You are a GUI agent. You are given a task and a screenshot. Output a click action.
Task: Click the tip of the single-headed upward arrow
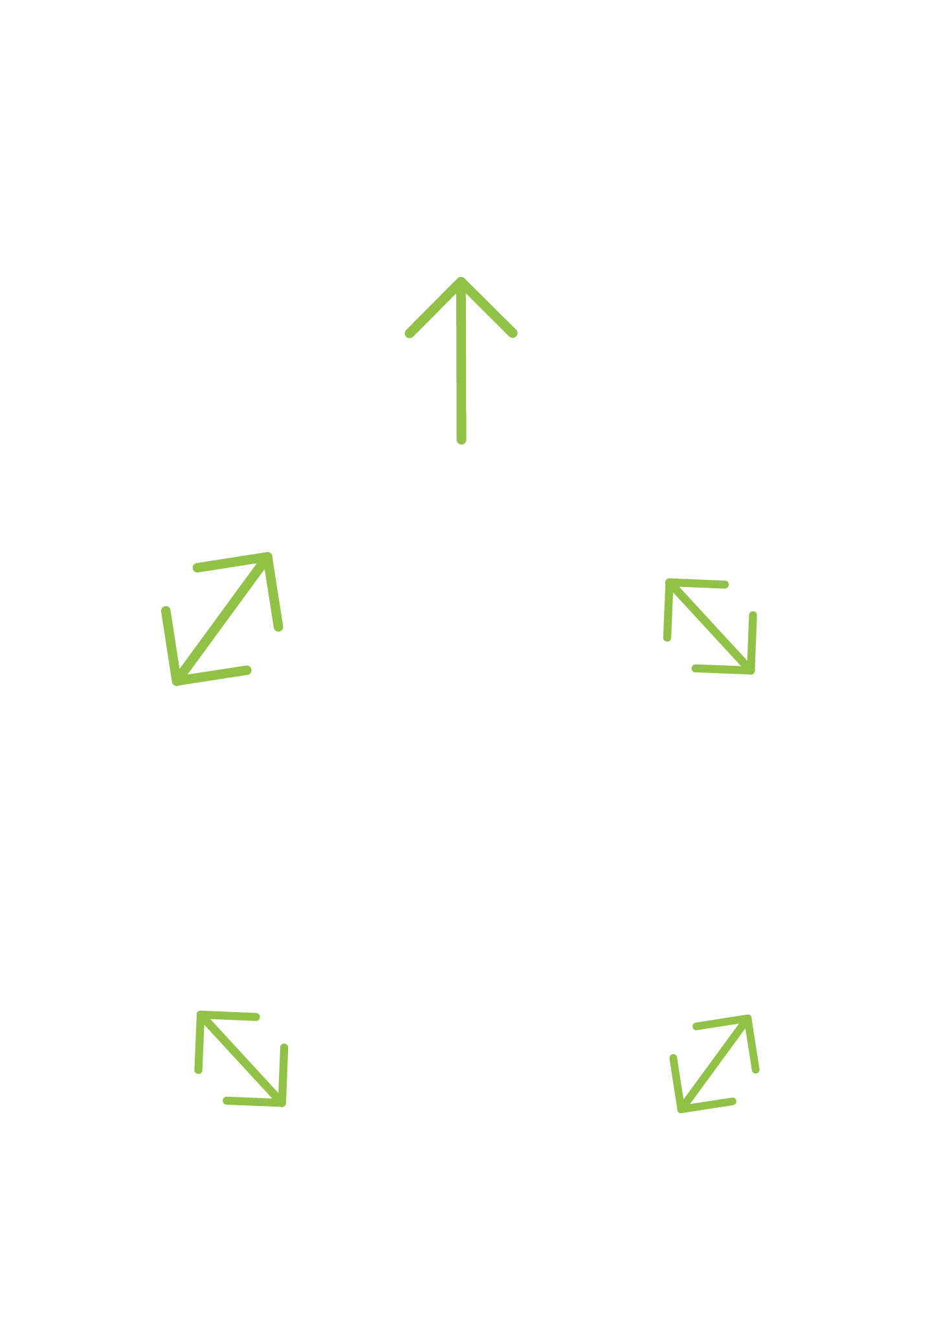pyautogui.click(x=461, y=281)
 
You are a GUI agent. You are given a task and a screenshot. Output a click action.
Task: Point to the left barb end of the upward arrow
pyautogui.click(x=409, y=334)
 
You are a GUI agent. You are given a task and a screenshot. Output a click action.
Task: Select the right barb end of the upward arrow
pyautogui.click(x=513, y=334)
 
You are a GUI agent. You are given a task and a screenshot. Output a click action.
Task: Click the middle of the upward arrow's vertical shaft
pyautogui.click(x=461, y=360)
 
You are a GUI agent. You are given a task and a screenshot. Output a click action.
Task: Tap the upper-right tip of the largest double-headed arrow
pyautogui.click(x=268, y=557)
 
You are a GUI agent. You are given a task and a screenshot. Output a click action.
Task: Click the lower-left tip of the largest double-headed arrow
pyautogui.click(x=176, y=680)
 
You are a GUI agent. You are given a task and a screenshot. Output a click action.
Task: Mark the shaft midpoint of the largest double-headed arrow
pyautogui.click(x=222, y=619)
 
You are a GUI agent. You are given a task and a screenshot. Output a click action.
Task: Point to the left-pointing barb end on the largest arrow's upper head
pyautogui.click(x=197, y=569)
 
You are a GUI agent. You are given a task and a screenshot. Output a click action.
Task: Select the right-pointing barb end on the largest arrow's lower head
pyautogui.click(x=247, y=670)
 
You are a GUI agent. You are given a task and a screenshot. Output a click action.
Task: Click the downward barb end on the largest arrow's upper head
pyautogui.click(x=279, y=626)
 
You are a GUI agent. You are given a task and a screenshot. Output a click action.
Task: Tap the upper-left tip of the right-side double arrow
pyautogui.click(x=670, y=582)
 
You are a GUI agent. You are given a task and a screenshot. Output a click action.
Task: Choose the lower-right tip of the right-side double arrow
pyautogui.click(x=751, y=670)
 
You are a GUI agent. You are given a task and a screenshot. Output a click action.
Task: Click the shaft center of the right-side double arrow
pyautogui.click(x=711, y=626)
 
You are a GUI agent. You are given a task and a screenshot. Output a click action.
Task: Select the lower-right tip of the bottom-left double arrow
pyautogui.click(x=282, y=1103)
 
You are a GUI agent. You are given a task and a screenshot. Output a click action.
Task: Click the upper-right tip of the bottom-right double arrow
pyautogui.click(x=747, y=1019)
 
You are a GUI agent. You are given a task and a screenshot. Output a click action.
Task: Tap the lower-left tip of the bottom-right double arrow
pyautogui.click(x=681, y=1109)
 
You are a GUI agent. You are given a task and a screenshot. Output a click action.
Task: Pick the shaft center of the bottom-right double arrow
pyautogui.click(x=714, y=1064)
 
